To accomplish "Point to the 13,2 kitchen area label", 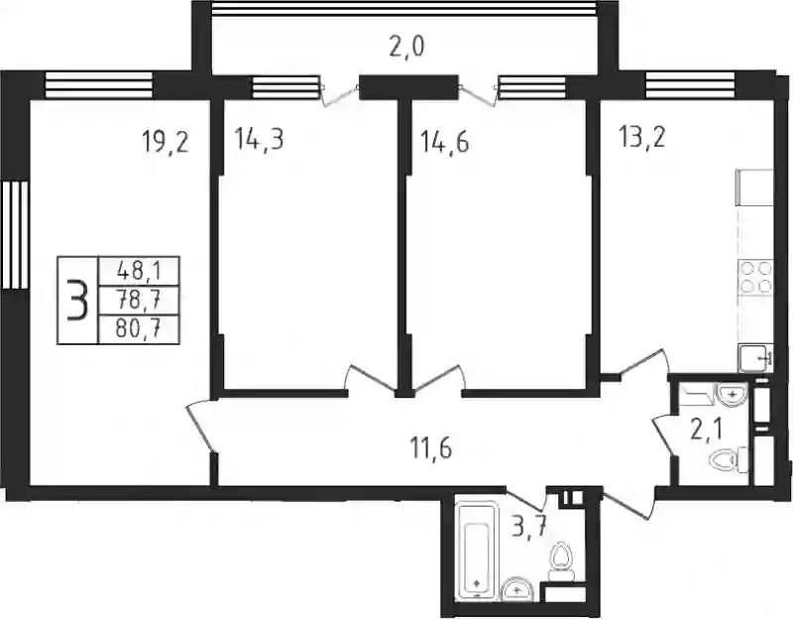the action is pyautogui.click(x=641, y=136).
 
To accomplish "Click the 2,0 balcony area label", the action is pyautogui.click(x=406, y=47).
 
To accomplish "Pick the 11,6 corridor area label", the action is pyautogui.click(x=431, y=448).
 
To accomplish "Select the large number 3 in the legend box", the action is pyautogui.click(x=77, y=301).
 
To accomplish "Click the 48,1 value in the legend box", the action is pyautogui.click(x=139, y=272).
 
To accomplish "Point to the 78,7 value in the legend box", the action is pyautogui.click(x=139, y=302).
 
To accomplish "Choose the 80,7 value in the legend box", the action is pyautogui.click(x=139, y=330).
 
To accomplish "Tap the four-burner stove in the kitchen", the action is pyautogui.click(x=756, y=278).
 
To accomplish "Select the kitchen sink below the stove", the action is pyautogui.click(x=756, y=358).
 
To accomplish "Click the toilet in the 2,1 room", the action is pyautogui.click(x=729, y=459).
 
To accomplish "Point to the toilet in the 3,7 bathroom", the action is pyautogui.click(x=561, y=561).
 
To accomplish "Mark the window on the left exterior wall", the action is pyautogui.click(x=14, y=235).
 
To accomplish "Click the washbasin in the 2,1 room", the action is pyautogui.click(x=731, y=394).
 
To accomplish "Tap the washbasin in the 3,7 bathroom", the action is pyautogui.click(x=516, y=589).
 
